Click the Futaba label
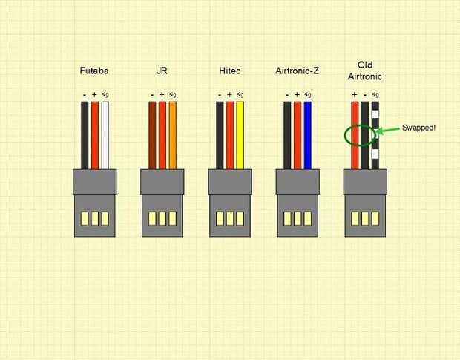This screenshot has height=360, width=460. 94,71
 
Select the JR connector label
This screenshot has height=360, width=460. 162,71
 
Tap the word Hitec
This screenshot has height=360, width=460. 229,71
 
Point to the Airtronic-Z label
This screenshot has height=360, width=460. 297,71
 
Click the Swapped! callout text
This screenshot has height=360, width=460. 418,128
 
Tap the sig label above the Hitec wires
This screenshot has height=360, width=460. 240,94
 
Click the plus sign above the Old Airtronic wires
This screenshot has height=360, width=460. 355,95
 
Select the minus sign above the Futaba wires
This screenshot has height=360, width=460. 85,95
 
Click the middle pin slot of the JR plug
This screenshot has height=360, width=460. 162,219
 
